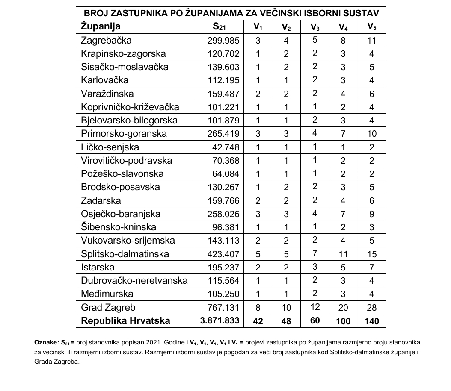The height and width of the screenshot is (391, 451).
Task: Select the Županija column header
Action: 101,26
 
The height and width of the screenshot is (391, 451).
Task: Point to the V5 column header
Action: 372,27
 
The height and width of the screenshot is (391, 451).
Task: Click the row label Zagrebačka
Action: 106,41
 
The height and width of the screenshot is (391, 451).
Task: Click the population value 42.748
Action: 226,147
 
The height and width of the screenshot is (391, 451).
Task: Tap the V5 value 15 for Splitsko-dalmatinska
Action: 372,254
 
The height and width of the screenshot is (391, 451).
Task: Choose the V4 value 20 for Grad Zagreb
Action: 343,308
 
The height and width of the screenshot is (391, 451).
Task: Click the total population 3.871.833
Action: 219,321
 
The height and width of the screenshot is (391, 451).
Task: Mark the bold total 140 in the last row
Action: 372,321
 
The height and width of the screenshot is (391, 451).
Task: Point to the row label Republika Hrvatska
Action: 125,320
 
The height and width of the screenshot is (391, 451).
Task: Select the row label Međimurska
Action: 107,294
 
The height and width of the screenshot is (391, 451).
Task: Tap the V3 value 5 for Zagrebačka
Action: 315,41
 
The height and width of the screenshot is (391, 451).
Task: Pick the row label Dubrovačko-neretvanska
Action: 134,281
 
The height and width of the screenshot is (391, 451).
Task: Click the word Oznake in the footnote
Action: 46,343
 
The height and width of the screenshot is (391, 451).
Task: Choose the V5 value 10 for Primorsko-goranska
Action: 372,134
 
